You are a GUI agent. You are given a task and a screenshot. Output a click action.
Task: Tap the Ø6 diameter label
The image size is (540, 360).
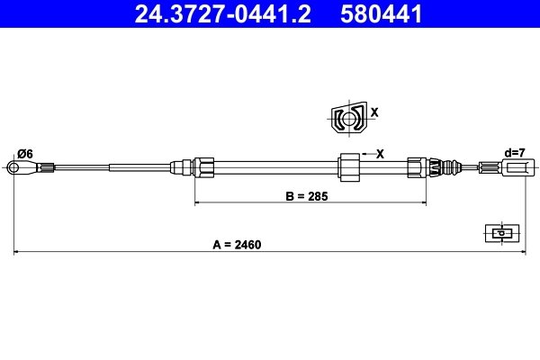[x=24, y=153]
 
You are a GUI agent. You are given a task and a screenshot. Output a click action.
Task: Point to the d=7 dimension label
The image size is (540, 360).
[x=515, y=153]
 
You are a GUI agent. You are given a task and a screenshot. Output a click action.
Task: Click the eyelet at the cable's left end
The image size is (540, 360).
[x=15, y=166]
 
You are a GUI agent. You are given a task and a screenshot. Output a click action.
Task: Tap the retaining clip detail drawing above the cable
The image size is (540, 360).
[x=346, y=119]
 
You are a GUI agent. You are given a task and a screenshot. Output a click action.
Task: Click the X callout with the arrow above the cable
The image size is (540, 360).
[x=380, y=154]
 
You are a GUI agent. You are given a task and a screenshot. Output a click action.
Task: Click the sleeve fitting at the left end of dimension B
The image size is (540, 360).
[x=203, y=166]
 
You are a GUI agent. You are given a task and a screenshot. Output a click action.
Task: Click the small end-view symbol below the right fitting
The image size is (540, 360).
[x=499, y=233]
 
